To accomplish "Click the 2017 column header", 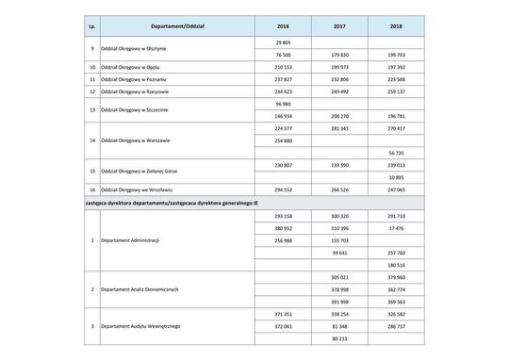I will pos(339,26).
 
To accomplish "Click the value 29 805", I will pos(283,44).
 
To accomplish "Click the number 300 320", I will pos(339,216).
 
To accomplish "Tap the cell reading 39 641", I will pos(339,253).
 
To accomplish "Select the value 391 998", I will pos(339,302).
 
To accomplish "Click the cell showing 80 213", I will pos(339,338).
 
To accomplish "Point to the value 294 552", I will pos(283,189).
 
